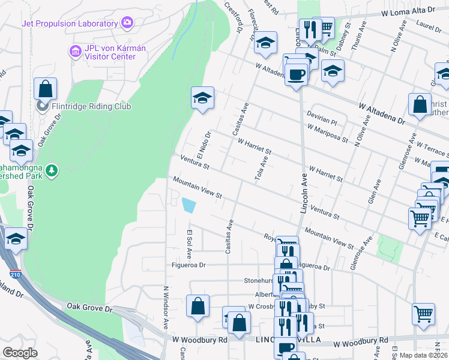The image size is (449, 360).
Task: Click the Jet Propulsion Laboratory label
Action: [69, 23]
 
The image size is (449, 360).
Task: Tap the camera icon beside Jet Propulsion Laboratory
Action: [127, 23]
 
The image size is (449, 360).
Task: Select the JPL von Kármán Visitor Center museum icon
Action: [76, 52]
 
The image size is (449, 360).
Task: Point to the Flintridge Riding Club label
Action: [83, 107]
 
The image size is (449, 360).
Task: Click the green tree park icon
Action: [53, 171]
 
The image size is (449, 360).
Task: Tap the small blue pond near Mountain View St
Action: [188, 206]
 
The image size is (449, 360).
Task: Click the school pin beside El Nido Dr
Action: [203, 98]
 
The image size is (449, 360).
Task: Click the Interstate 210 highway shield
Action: [15, 275]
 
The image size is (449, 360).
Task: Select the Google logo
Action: [20, 353]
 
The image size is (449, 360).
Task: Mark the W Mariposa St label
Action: [327, 133]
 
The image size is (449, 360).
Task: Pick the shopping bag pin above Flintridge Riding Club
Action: [45, 89]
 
